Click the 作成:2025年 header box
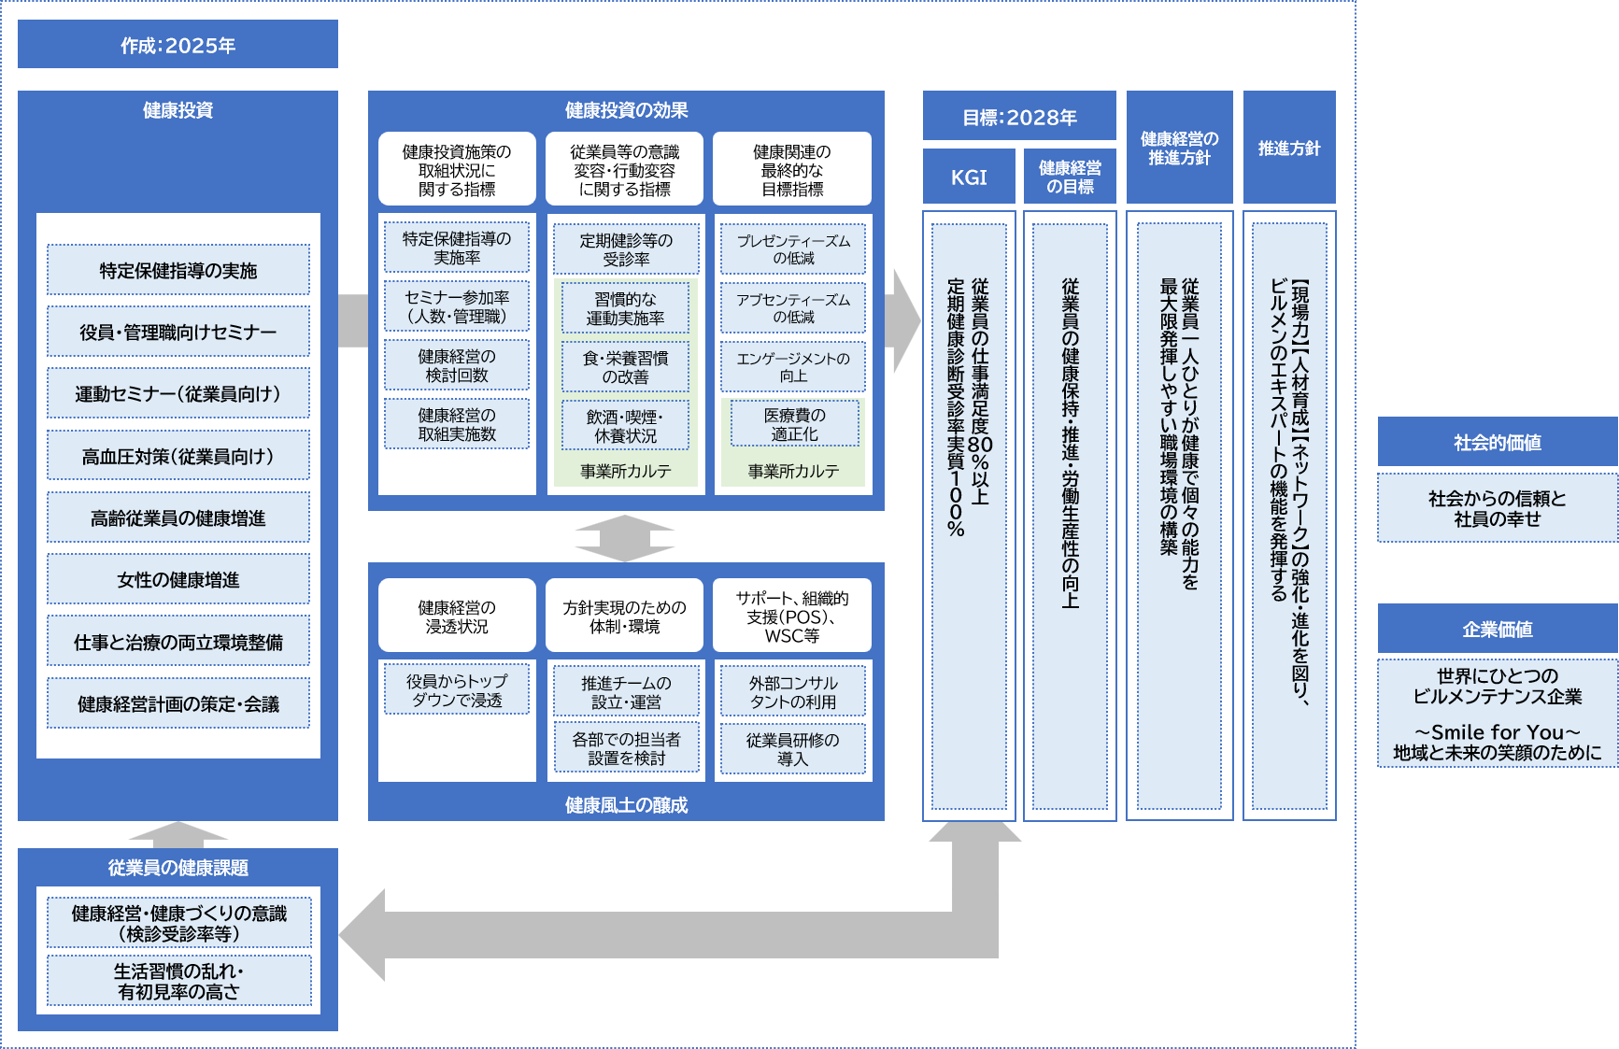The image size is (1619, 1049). point(178,45)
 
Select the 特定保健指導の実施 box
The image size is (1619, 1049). point(178,270)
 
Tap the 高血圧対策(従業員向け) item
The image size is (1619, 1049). point(178,456)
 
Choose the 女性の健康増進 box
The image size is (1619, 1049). point(178,579)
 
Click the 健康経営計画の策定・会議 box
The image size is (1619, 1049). point(178,703)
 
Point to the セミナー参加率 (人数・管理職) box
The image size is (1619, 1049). point(457,306)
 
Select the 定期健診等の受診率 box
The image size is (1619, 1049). point(625,248)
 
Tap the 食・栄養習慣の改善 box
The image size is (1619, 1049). point(625,367)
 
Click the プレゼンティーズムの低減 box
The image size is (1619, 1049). point(793,248)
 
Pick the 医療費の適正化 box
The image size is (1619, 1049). point(793,424)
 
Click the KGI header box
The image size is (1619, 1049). point(969,177)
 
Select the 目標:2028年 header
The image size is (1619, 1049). point(1019,117)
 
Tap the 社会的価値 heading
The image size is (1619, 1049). point(1497,442)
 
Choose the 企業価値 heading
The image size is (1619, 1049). point(1497,629)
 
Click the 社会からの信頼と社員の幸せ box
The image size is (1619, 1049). point(1497,508)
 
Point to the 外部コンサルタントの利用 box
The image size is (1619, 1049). point(793,692)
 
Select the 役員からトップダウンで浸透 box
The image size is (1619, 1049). point(457,690)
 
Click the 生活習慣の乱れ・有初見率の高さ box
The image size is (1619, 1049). point(178,981)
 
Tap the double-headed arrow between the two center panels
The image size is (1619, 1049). point(624,538)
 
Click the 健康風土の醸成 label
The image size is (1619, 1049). point(626,804)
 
